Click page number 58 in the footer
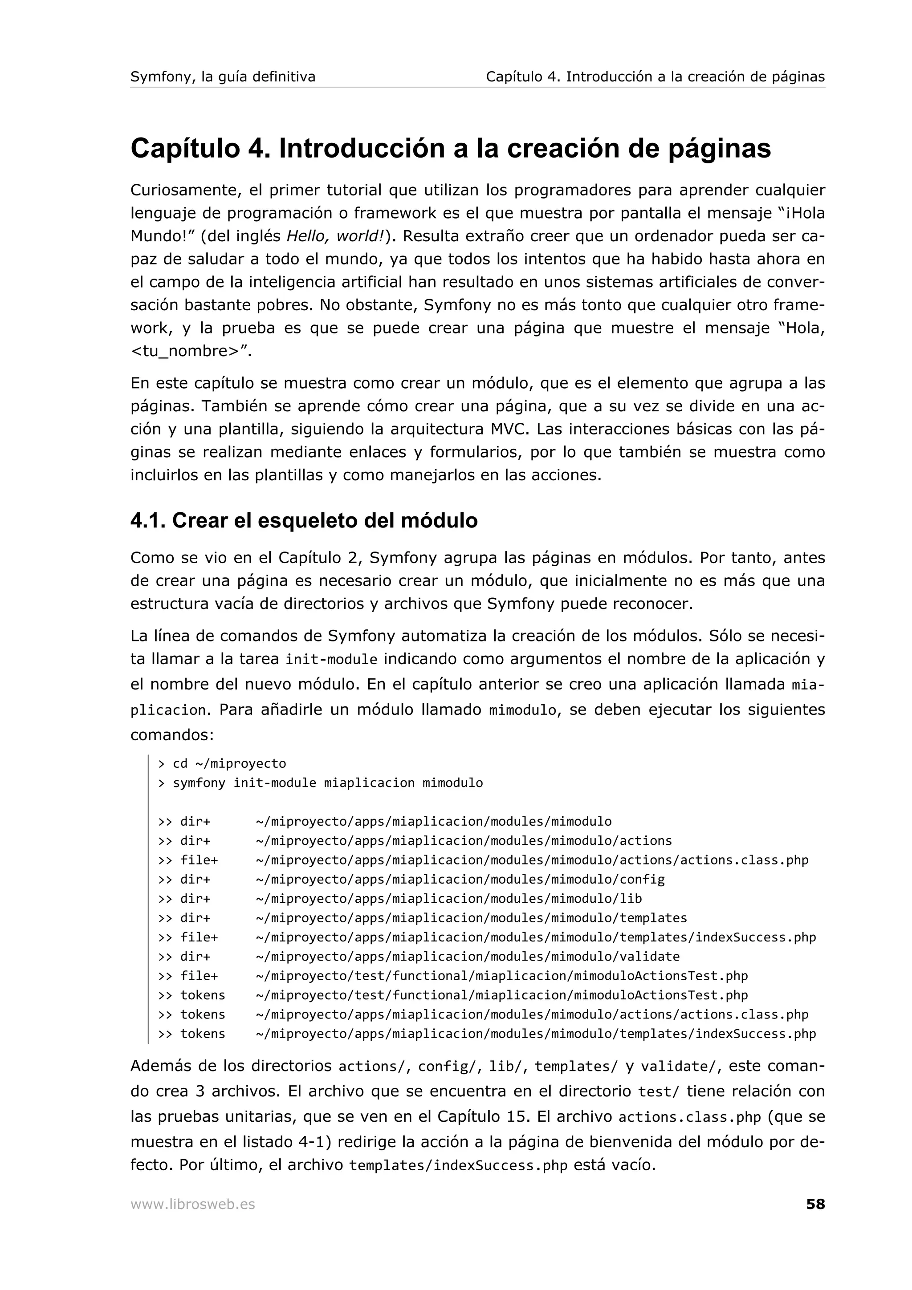click(x=815, y=1204)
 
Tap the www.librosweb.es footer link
click(x=192, y=1205)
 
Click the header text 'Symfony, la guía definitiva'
click(x=223, y=77)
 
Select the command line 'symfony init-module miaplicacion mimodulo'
click(x=328, y=783)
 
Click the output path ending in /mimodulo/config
click(x=460, y=879)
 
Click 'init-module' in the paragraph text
click(x=331, y=660)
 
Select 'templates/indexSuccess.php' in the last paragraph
click(x=458, y=1166)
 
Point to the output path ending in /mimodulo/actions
click(x=464, y=840)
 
